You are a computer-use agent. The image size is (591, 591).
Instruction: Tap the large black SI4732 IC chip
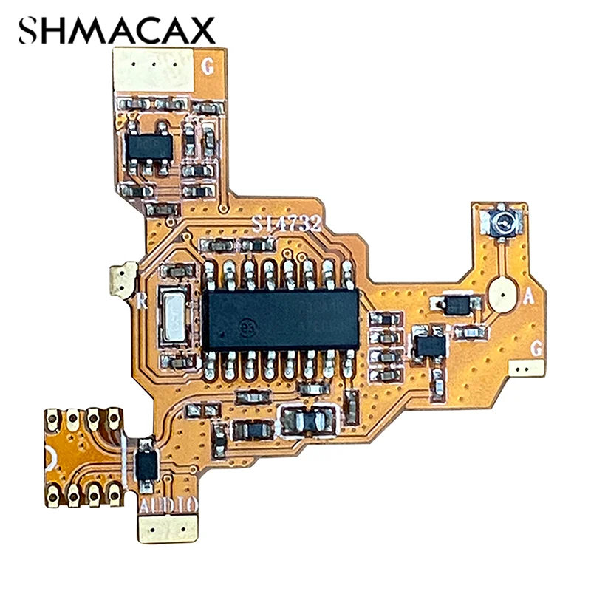[x=281, y=318]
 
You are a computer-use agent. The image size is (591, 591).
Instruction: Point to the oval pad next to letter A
[x=502, y=294]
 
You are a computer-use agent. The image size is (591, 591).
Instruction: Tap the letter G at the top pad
[x=208, y=67]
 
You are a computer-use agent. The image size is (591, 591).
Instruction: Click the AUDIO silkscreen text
[x=168, y=504]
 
